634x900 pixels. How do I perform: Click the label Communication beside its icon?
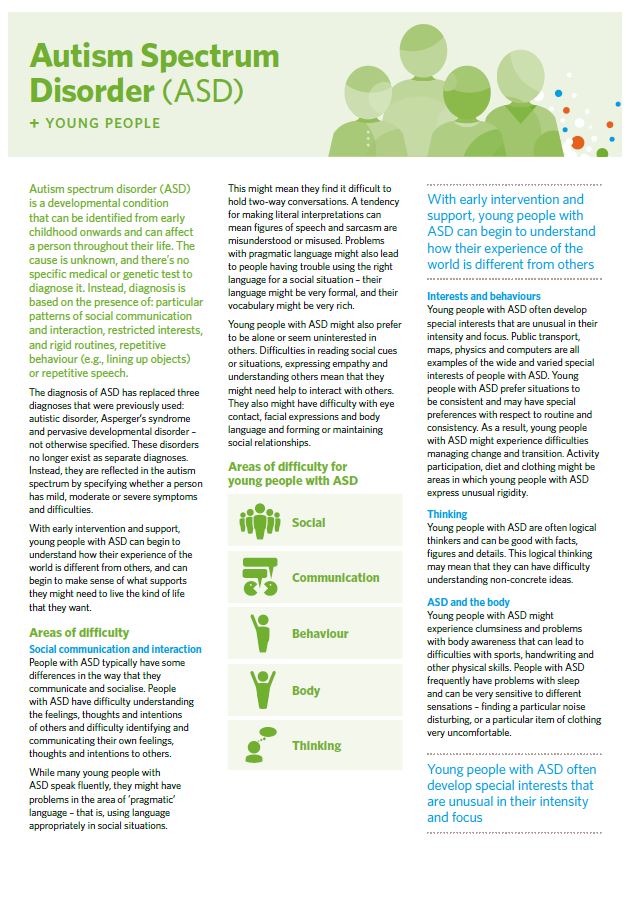pyautogui.click(x=335, y=578)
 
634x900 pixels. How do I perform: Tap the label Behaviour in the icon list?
pyautogui.click(x=320, y=634)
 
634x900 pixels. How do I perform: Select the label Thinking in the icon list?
pyautogui.click(x=316, y=746)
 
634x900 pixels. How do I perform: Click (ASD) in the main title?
pyautogui.click(x=200, y=90)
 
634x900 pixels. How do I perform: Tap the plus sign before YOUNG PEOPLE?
pyautogui.click(x=34, y=124)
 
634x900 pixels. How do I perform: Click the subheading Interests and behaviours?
pyautogui.click(x=483, y=297)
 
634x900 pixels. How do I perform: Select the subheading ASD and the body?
pyautogui.click(x=468, y=603)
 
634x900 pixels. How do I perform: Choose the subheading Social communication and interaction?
pyautogui.click(x=115, y=649)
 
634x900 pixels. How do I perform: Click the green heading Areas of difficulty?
pyautogui.click(x=79, y=632)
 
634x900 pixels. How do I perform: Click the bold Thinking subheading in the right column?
pyautogui.click(x=447, y=514)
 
